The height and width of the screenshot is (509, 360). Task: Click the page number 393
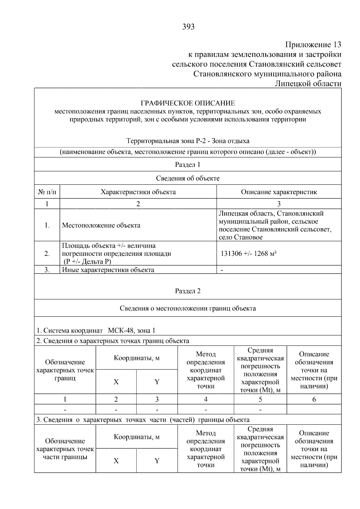pos(188,27)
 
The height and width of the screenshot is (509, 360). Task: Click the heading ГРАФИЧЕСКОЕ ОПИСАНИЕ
pos(188,103)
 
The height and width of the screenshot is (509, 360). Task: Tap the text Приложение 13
pos(313,45)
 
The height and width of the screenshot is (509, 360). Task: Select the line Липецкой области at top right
pos(308,84)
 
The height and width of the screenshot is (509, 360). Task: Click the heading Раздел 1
pos(187,164)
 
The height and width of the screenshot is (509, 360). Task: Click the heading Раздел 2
pos(187,291)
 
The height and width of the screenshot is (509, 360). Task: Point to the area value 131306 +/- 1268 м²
pos(248,253)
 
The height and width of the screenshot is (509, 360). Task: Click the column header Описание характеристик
pos(279,192)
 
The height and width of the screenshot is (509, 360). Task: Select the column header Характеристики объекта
pos(138,192)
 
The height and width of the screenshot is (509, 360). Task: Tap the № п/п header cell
pos(47,192)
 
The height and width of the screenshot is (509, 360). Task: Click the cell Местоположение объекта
pos(101,225)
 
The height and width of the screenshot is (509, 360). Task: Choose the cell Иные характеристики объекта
pos(108,270)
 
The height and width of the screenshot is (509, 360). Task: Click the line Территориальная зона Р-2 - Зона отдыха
pos(188,141)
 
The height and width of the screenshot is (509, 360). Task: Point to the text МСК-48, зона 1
pos(132,331)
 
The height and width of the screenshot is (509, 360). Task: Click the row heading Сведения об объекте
pos(188,178)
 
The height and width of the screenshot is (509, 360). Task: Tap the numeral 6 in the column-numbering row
pos(314,399)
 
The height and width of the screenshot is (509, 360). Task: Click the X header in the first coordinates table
pos(116,382)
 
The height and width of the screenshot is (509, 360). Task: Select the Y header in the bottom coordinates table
pos(157,461)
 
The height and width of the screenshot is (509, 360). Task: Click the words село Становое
pos(241,237)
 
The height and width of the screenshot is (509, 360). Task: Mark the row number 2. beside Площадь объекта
pos(47,253)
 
